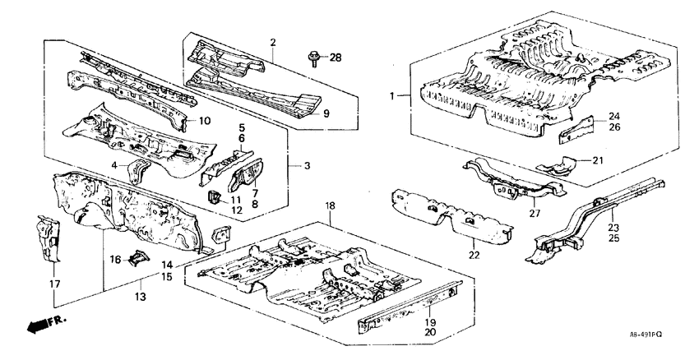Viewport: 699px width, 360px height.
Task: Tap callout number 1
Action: coord(393,96)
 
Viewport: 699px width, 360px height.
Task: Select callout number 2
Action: coord(272,43)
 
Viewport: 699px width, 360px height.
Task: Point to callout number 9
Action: coord(326,113)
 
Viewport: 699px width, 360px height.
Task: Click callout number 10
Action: coord(205,121)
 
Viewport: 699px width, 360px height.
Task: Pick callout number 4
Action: coord(116,167)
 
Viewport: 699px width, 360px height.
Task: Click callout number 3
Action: coord(307,167)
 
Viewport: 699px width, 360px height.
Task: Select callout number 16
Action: coord(116,260)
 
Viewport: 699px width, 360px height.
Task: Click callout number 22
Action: coord(474,256)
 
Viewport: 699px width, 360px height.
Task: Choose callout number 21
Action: coord(598,159)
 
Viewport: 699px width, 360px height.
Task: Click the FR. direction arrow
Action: coord(44,325)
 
